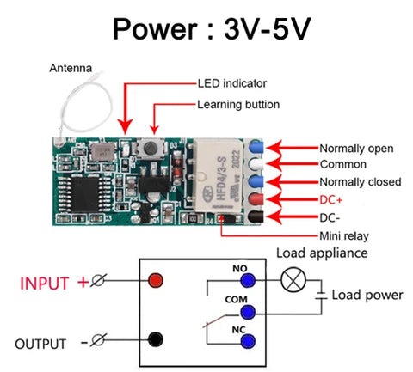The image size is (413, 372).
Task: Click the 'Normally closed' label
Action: point(360,182)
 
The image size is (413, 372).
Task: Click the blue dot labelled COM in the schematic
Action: point(248,310)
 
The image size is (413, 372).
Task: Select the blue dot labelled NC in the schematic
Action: point(248,341)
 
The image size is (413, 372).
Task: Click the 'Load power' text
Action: point(367,295)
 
